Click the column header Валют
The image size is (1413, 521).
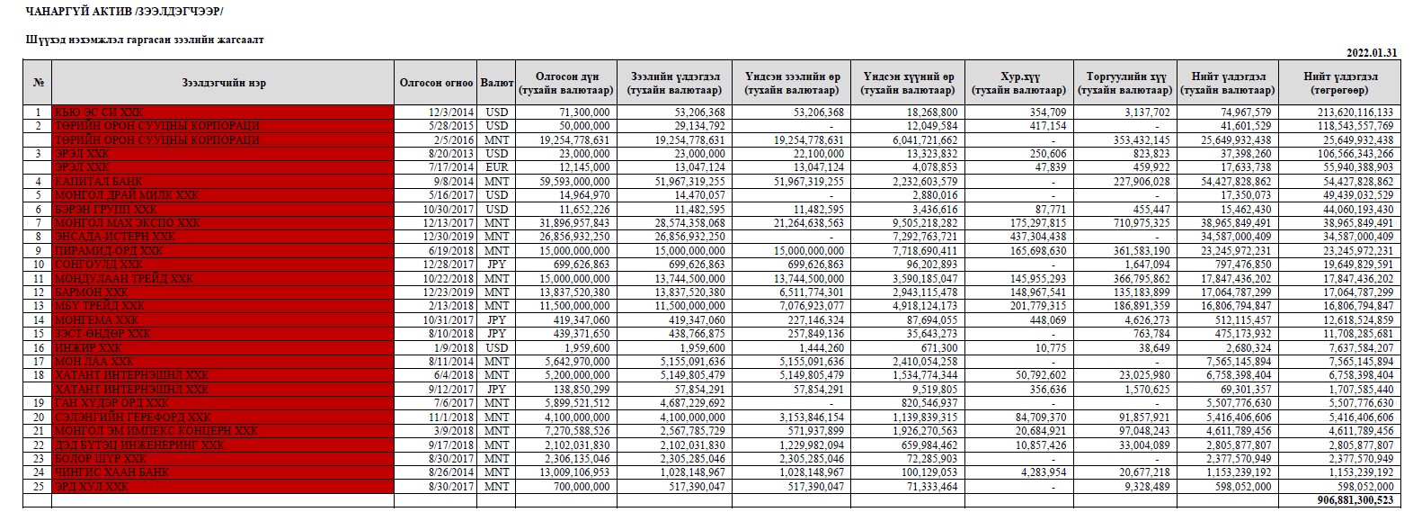point(496,83)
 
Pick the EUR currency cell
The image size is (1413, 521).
point(496,167)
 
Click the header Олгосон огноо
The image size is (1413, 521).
point(436,83)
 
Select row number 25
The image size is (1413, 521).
point(38,487)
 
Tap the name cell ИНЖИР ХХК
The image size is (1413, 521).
point(88,347)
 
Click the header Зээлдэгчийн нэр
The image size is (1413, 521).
point(223,83)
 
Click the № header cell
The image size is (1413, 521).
point(38,83)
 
